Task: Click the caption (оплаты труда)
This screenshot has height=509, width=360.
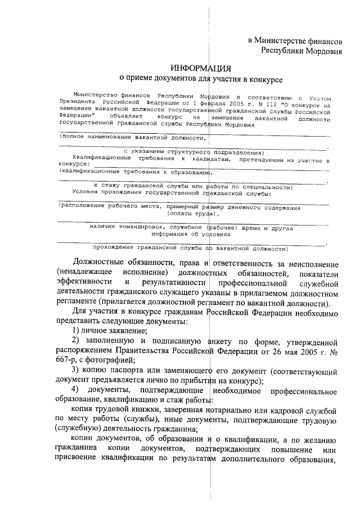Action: (192, 214)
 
